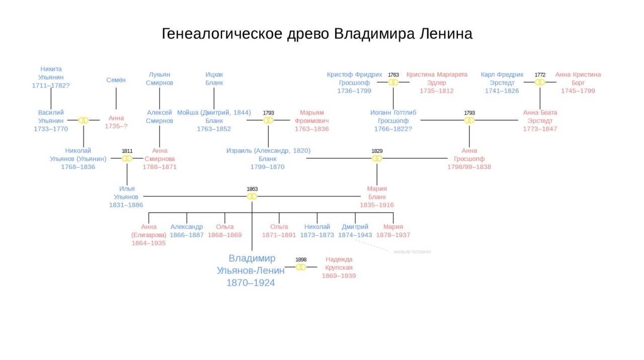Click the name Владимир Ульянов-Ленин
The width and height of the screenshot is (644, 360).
click(251, 271)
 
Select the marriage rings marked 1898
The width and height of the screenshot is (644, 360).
click(301, 267)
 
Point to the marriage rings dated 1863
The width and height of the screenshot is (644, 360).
click(252, 196)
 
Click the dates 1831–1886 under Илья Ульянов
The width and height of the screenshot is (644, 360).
click(126, 205)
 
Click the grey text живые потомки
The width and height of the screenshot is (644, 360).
click(412, 252)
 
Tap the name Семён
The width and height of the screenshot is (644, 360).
click(116, 80)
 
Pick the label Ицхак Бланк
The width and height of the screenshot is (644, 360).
click(214, 79)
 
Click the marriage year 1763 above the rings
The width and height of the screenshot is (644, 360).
click(393, 75)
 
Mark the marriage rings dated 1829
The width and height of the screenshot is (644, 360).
click(377, 159)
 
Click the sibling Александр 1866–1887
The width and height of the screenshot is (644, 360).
click(187, 231)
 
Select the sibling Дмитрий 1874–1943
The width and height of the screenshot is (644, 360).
click(355, 231)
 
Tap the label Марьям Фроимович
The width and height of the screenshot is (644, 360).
click(312, 117)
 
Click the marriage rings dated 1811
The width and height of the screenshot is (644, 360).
click(127, 159)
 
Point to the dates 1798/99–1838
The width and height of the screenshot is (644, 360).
click(469, 167)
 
